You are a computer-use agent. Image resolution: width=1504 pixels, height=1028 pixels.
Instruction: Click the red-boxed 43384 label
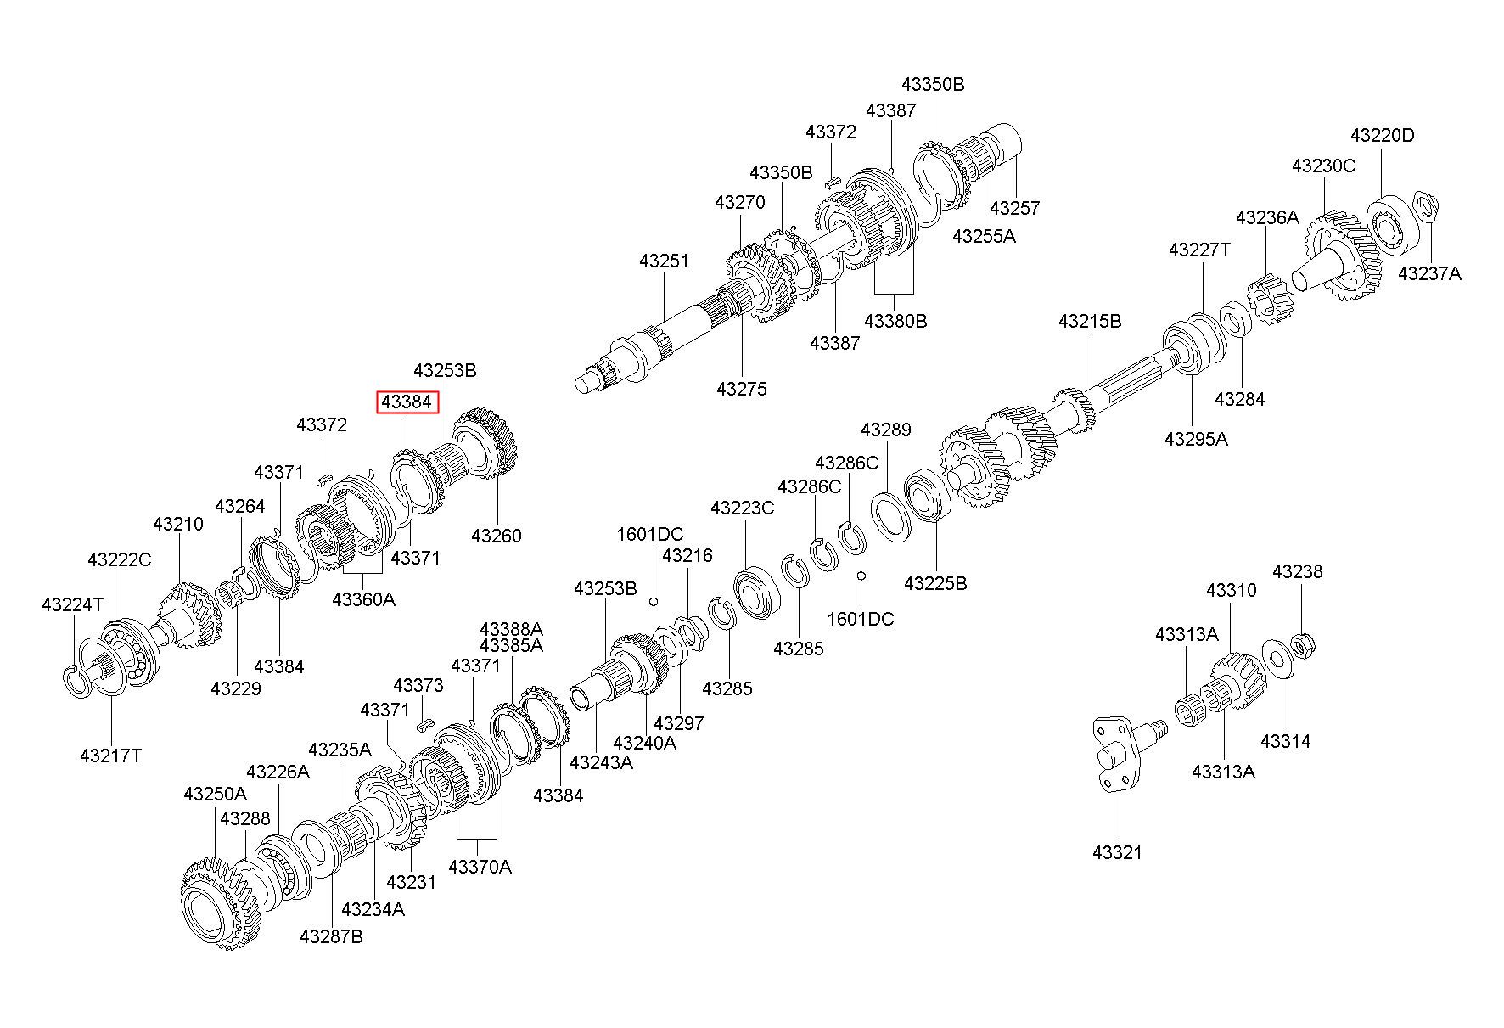(x=408, y=402)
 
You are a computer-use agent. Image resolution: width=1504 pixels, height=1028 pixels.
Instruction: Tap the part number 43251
(x=665, y=261)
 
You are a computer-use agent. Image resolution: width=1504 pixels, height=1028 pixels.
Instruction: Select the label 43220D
(x=1383, y=135)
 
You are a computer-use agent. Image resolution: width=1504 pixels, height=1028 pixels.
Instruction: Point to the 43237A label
(x=1430, y=273)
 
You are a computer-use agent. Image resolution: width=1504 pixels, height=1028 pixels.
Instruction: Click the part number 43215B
(x=1090, y=321)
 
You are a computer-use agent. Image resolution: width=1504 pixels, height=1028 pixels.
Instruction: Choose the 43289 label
(x=886, y=430)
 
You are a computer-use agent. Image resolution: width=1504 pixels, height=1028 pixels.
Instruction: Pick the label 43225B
(x=935, y=583)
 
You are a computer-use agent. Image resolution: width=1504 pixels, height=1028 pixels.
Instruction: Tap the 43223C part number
(x=743, y=508)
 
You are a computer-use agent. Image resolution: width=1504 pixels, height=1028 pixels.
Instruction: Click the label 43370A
(x=480, y=867)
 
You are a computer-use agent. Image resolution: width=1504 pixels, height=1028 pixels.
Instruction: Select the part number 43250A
(x=216, y=794)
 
